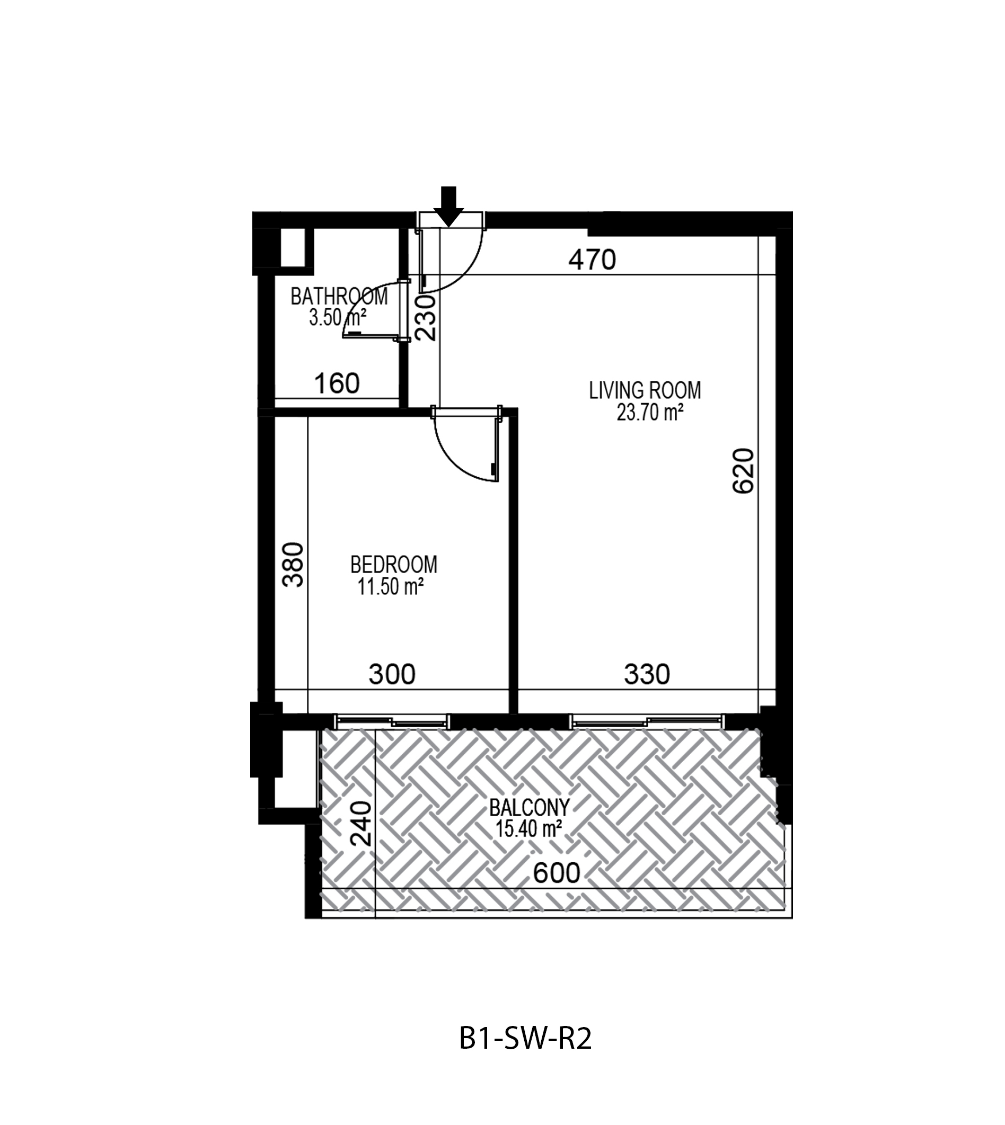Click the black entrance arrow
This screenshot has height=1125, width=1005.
click(448, 207)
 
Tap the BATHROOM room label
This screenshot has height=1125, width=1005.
click(339, 297)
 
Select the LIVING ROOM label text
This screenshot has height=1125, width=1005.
click(645, 391)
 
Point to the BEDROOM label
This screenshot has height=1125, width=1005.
click(394, 565)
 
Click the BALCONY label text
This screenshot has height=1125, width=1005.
click(529, 808)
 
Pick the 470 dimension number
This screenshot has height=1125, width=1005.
click(593, 260)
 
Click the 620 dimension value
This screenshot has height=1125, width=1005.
click(743, 471)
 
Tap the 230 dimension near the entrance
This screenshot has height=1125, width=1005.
click(426, 318)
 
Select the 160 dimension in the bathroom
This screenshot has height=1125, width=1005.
click(337, 383)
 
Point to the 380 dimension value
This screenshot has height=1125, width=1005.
click(293, 565)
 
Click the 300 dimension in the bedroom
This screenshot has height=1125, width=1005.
click(392, 674)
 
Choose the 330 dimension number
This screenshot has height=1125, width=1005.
click(647, 674)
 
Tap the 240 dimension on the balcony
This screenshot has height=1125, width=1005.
click(362, 824)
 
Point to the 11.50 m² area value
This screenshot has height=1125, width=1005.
click(391, 586)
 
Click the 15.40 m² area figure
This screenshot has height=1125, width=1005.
click(529, 829)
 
